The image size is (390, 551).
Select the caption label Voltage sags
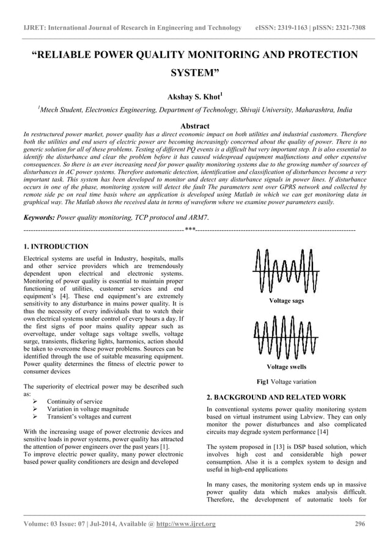(x=286, y=301)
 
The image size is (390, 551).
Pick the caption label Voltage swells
(x=286, y=367)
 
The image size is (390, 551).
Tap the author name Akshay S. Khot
(x=194, y=97)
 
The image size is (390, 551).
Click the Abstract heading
(x=194, y=125)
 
